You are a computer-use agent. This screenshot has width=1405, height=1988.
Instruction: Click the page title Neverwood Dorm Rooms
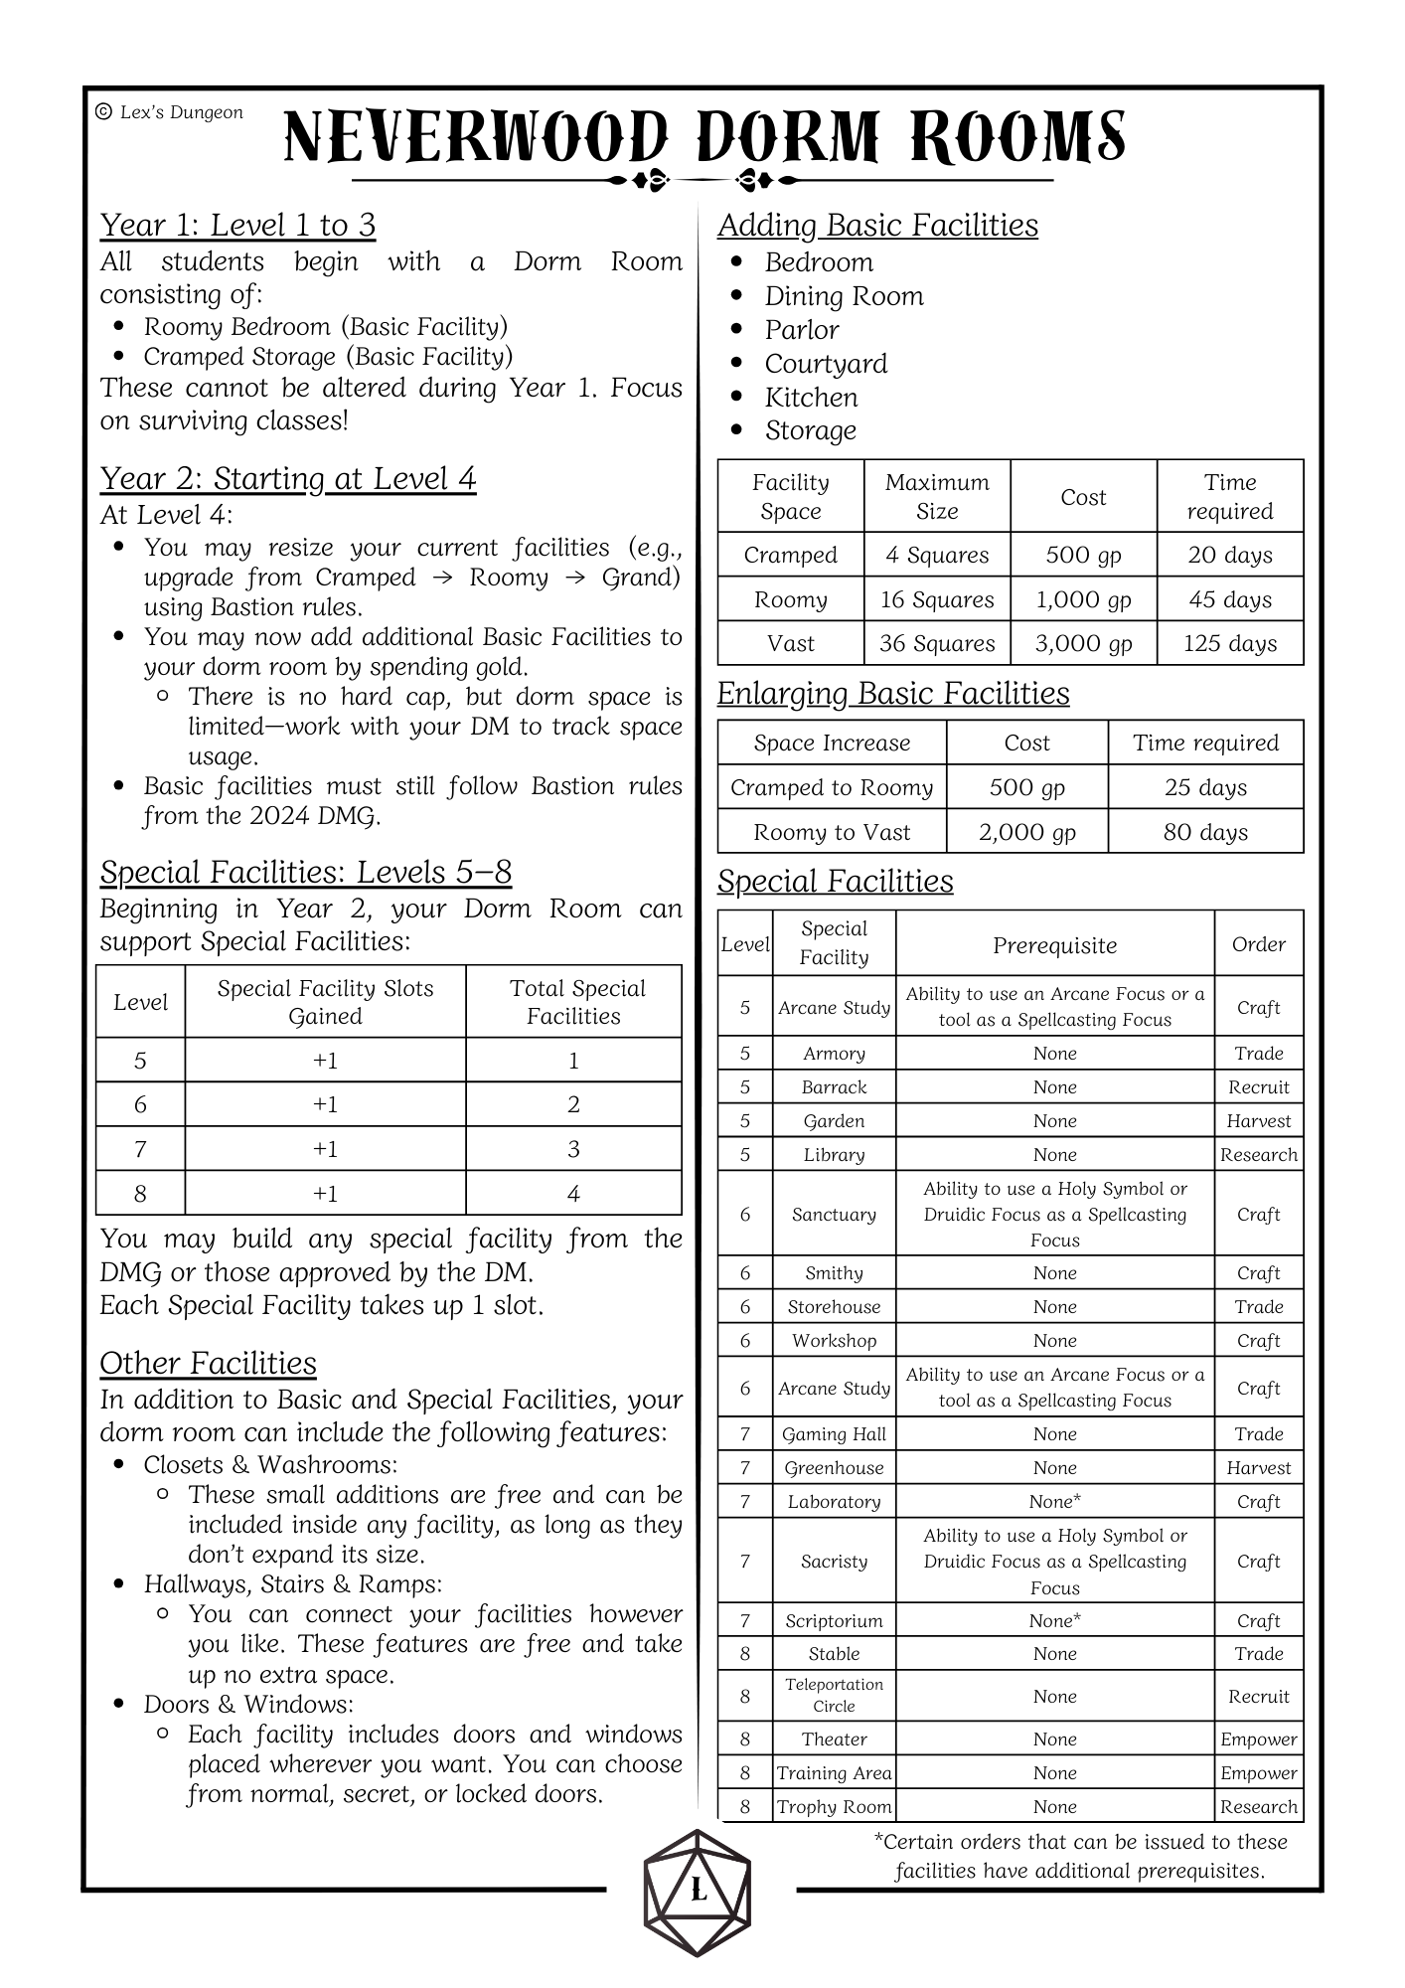(703, 137)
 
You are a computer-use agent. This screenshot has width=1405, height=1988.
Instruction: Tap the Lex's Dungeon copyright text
(170, 112)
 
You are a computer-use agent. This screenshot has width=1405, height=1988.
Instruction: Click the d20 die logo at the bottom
(698, 1893)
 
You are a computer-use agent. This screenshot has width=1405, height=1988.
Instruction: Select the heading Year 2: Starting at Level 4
(288, 479)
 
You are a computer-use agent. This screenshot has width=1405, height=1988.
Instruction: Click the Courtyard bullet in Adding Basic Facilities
(826, 364)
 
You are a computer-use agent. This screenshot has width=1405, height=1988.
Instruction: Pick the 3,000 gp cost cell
(1083, 644)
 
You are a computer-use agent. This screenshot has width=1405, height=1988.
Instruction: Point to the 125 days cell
(1230, 644)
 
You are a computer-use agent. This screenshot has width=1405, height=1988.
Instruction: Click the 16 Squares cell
(937, 599)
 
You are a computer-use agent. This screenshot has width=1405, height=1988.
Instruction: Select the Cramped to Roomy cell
(832, 788)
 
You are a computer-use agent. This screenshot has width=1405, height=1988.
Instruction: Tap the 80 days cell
(1205, 833)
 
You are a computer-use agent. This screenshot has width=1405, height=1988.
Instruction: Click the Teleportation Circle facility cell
(834, 1696)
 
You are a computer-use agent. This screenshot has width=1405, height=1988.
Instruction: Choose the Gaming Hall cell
(834, 1434)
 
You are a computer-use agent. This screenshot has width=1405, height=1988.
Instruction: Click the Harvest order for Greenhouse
(1259, 1468)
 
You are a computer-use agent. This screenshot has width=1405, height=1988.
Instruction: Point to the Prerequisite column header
(1054, 945)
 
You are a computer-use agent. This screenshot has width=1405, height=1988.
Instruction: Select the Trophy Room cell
(834, 1807)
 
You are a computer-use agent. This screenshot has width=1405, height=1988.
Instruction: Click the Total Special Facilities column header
(574, 1002)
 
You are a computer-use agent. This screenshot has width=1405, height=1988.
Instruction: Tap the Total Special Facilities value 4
(573, 1194)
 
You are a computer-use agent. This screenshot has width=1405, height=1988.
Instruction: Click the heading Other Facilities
(208, 1364)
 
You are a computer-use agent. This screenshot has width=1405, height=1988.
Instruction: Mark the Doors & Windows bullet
(248, 1705)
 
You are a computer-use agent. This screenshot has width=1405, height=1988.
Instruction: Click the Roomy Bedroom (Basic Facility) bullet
(326, 327)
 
